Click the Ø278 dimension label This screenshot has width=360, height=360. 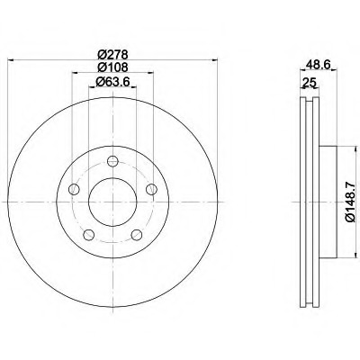tap(113, 55)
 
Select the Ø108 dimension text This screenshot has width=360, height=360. tap(113, 67)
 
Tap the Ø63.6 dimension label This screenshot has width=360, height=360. tap(112, 81)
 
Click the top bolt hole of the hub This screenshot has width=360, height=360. tap(112, 161)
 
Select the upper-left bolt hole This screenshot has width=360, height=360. tap(74, 189)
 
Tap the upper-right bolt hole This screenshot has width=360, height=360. tap(151, 189)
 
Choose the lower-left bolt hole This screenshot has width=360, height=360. tap(88, 235)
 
